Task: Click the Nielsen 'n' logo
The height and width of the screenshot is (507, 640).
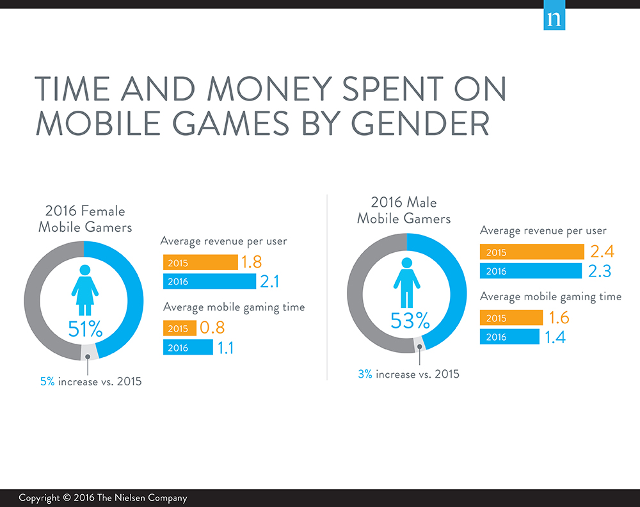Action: click(554, 15)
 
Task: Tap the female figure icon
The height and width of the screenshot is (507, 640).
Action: click(85, 290)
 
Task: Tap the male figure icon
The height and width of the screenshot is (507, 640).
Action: click(407, 282)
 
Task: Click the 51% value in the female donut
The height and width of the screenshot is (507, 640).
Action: click(85, 329)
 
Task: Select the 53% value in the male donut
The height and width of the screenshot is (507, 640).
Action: click(410, 321)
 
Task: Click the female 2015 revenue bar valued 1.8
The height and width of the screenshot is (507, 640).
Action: click(200, 262)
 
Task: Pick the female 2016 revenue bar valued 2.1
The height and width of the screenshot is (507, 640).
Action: click(209, 281)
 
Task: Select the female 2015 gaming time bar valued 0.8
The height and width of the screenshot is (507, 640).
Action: click(180, 328)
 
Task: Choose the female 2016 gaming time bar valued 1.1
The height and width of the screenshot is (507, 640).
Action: click(188, 348)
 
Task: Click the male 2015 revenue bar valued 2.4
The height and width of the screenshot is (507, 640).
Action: click(532, 252)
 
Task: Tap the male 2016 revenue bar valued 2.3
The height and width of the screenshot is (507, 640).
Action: click(531, 271)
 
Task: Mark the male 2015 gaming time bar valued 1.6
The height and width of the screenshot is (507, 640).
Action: click(511, 318)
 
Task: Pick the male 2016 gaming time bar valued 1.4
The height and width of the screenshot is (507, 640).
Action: click(509, 337)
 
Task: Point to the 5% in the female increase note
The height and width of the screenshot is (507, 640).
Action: click(47, 382)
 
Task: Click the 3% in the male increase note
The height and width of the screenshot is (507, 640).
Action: click(365, 374)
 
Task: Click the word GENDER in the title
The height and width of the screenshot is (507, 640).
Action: click(421, 124)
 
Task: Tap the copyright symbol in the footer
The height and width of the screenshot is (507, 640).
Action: click(67, 497)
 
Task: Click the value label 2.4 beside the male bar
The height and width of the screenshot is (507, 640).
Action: click(602, 252)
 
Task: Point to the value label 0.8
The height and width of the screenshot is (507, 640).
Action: click(212, 327)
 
